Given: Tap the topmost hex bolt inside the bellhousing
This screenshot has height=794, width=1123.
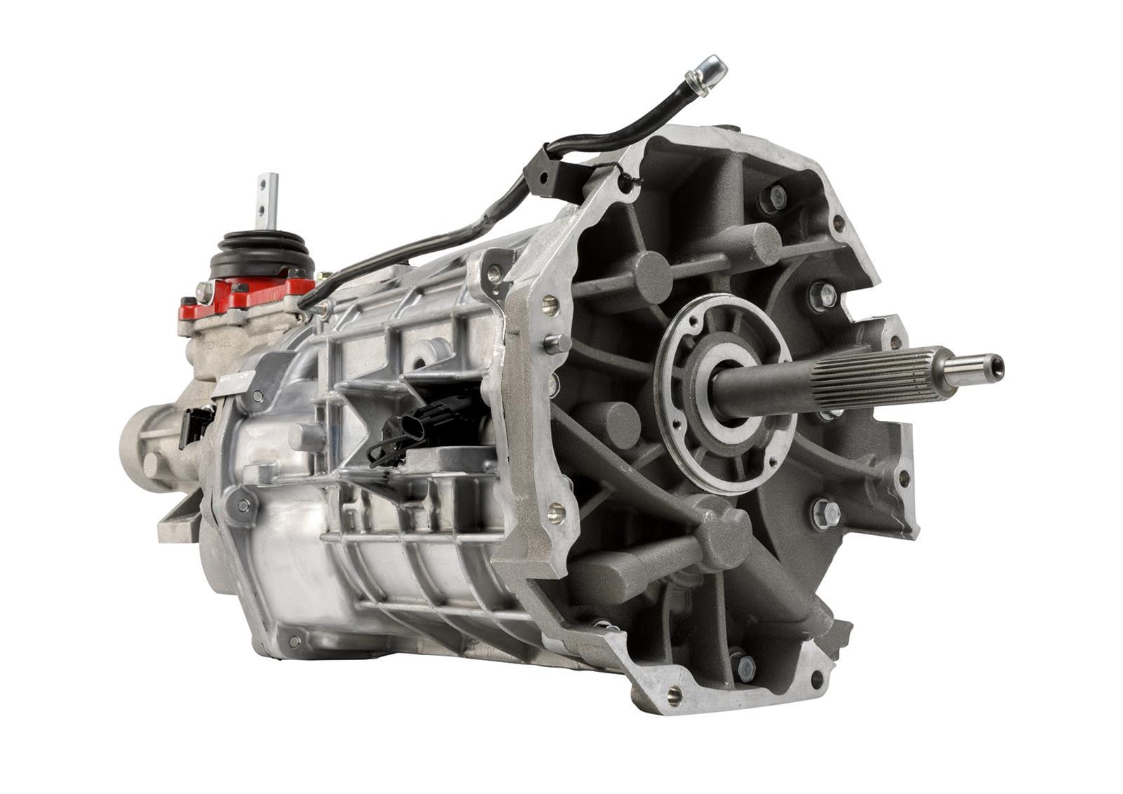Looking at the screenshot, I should pos(774,198).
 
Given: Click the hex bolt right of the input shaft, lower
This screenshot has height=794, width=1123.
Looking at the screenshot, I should pos(825,513).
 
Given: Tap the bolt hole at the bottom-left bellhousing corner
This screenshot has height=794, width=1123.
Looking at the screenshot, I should pos(674,695).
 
